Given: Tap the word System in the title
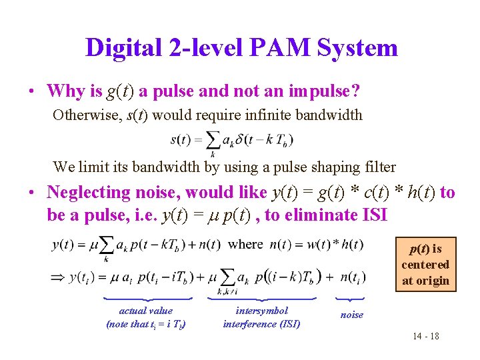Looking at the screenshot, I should coord(357,47).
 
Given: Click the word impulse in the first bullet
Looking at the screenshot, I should coord(318,91).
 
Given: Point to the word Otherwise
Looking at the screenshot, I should coord(85,115).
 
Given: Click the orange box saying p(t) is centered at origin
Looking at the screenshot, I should coord(425,265).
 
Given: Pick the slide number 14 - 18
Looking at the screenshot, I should coord(425,336).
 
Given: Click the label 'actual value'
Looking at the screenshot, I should coord(145,311).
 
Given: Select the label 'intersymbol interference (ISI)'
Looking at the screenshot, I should coord(261,317).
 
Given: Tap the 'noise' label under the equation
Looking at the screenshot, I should coord(352,315).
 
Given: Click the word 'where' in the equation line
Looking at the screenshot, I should coord(245,244).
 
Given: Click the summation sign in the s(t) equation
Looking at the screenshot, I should coord(213,139).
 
